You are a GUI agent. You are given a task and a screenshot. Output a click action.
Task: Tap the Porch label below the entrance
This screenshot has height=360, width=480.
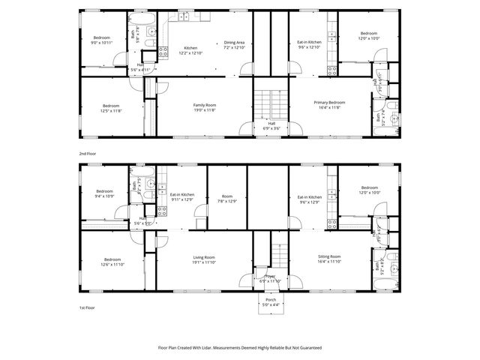click(x=270, y=299)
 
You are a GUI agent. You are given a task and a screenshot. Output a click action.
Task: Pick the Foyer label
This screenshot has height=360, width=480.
click(x=268, y=275)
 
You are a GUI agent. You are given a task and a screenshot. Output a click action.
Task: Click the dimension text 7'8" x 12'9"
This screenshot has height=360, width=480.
click(x=226, y=201)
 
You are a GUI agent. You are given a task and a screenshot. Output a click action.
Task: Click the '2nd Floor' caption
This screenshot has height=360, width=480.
click(x=87, y=153)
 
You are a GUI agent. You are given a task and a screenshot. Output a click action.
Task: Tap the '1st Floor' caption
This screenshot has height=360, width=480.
click(x=87, y=307)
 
